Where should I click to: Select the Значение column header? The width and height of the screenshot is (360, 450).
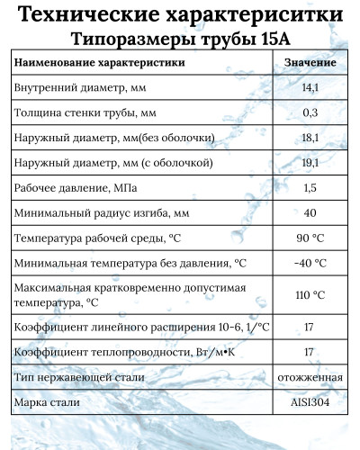pyautogui.click(x=310, y=63)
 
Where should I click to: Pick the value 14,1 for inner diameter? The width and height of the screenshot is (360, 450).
pyautogui.click(x=310, y=88)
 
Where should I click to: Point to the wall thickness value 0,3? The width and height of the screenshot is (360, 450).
pyautogui.click(x=310, y=113)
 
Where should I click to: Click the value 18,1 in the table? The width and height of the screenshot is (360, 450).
pyautogui.click(x=310, y=139)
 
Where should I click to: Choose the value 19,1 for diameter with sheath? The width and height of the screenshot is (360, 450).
pyautogui.click(x=310, y=164)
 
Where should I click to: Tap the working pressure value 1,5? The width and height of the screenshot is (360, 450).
pyautogui.click(x=310, y=189)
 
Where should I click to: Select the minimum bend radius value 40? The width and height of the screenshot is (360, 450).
pyautogui.click(x=310, y=214)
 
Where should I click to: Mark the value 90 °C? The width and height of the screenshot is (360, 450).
pyautogui.click(x=310, y=239)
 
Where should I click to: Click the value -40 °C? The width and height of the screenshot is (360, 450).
pyautogui.click(x=310, y=265)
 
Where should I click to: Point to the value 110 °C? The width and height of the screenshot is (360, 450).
pyautogui.click(x=310, y=295)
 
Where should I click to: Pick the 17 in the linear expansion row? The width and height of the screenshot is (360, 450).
pyautogui.click(x=310, y=326)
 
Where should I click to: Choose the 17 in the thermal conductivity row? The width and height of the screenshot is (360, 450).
pyautogui.click(x=310, y=351)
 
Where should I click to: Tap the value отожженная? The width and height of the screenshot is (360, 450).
pyautogui.click(x=310, y=376)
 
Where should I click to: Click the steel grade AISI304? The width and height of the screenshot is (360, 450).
pyautogui.click(x=310, y=401)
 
